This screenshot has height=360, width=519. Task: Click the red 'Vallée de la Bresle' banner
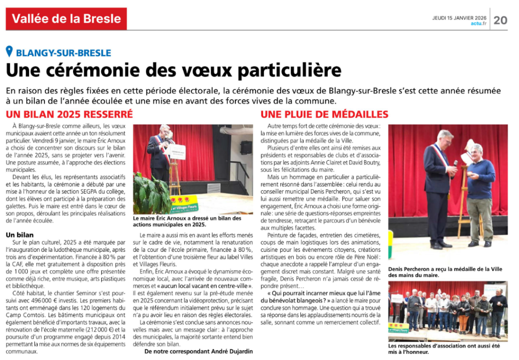[x=66, y=19]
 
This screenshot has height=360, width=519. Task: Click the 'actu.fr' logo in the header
[x=479, y=23]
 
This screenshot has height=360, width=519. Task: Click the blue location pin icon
[x=9, y=51]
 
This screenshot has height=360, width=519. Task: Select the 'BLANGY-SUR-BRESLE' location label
[x=63, y=52]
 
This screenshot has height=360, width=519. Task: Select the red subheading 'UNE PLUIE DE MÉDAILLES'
[x=325, y=114]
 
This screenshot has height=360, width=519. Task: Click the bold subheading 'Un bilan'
[x=20, y=235]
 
